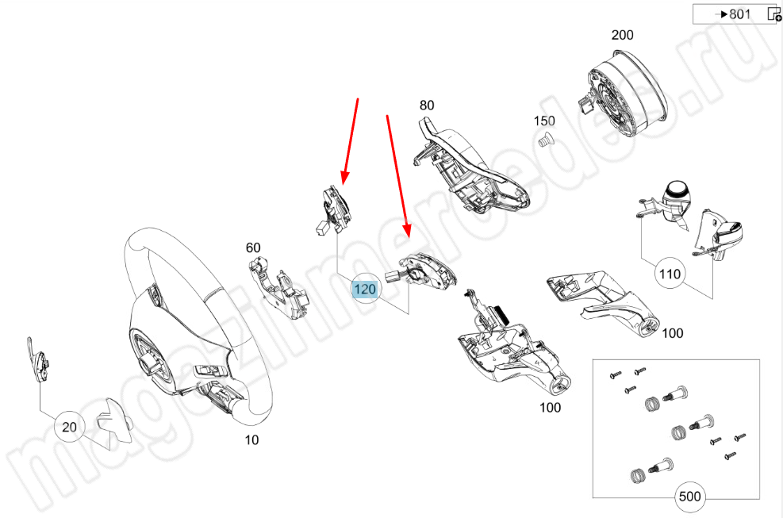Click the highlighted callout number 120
point(365,289)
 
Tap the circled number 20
point(70,427)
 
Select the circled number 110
point(669,275)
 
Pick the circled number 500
point(691,497)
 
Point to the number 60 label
point(253,247)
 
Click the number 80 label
point(427,106)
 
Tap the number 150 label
point(544,121)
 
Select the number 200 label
point(622,35)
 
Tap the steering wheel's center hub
point(151,357)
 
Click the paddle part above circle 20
point(39,364)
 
